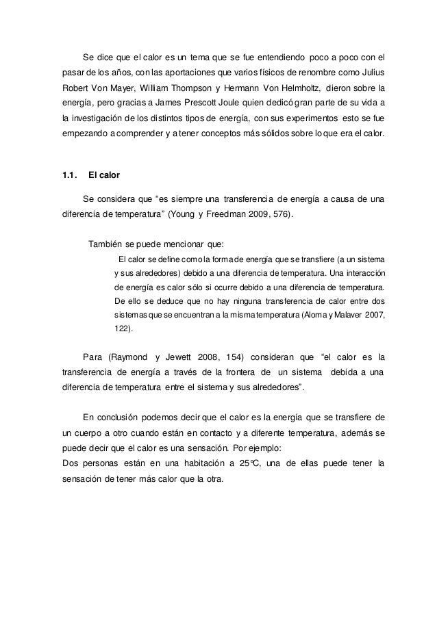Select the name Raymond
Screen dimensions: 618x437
click(128, 357)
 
